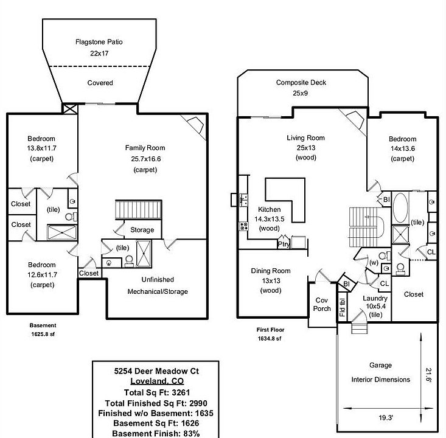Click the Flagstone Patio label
coord(100,43)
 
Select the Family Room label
coord(145,148)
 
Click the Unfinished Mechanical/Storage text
coord(158,285)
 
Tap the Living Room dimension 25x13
coord(304,148)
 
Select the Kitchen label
coord(270,209)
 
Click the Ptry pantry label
coord(283,245)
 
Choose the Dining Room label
coord(271,271)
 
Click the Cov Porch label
coord(322,304)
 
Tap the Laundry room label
coord(375,298)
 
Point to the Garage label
coord(380,366)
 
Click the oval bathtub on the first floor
coord(402,209)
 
